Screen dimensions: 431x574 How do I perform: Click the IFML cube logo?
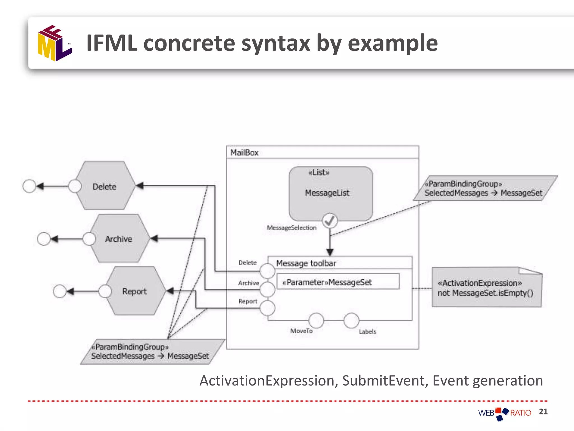pyautogui.click(x=55, y=43)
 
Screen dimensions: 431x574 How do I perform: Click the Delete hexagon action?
pyautogui.click(x=105, y=186)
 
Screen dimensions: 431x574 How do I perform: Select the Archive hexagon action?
pyautogui.click(x=119, y=239)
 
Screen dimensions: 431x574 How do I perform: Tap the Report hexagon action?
pyautogui.click(x=135, y=291)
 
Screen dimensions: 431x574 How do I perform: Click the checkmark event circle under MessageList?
pyautogui.click(x=330, y=221)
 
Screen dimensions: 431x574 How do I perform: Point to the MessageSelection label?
pyautogui.click(x=291, y=228)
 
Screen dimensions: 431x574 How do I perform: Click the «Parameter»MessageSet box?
pyautogui.click(x=338, y=282)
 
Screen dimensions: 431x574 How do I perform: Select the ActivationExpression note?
pyautogui.click(x=487, y=287)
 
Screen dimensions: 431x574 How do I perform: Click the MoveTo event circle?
pyautogui.click(x=316, y=320)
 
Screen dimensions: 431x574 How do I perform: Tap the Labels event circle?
pyautogui.click(x=351, y=320)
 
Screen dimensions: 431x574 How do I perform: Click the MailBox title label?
pyautogui.click(x=244, y=153)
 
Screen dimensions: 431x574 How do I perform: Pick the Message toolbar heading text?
pyautogui.click(x=306, y=263)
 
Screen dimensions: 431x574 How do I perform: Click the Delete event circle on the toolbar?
pyautogui.click(x=267, y=271)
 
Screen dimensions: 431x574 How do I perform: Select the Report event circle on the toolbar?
pyautogui.click(x=267, y=308)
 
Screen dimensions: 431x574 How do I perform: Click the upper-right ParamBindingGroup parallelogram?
pyautogui.click(x=485, y=188)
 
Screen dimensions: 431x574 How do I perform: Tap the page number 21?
pyautogui.click(x=543, y=412)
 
